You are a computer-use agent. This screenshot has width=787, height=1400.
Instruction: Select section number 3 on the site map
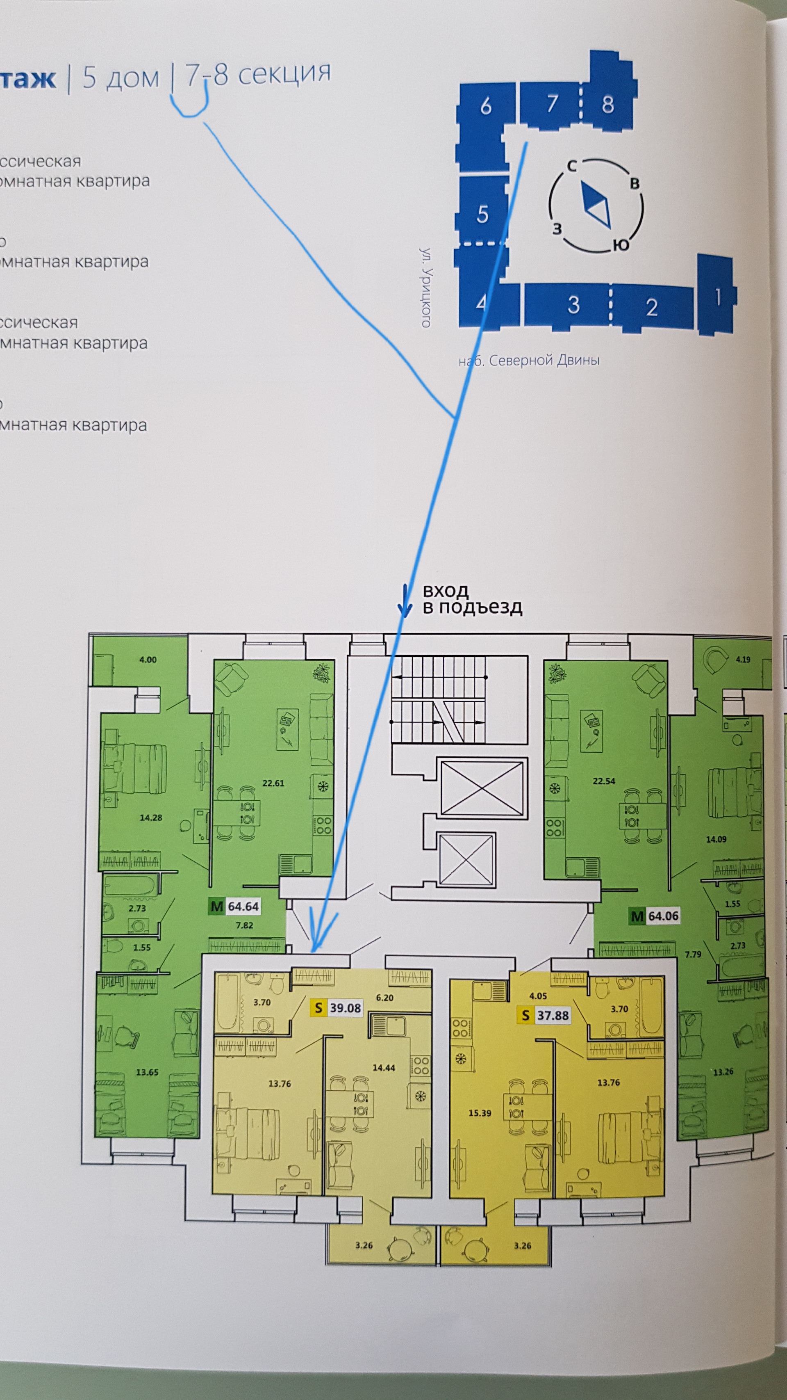tap(573, 305)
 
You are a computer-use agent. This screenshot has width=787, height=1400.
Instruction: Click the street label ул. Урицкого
tap(426, 288)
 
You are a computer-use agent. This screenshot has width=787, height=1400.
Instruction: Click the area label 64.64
tap(243, 906)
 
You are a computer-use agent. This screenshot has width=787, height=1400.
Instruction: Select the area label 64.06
tap(663, 916)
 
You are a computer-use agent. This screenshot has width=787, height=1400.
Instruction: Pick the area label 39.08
tap(345, 1007)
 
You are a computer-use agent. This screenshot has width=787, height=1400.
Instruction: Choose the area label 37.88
tap(553, 1015)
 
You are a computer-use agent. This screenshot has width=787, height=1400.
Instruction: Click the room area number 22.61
tap(273, 783)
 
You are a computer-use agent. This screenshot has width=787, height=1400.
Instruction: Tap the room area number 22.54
tap(603, 781)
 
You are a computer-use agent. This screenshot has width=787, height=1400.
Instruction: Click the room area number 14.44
tap(383, 1067)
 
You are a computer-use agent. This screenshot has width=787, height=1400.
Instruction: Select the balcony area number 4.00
tap(148, 660)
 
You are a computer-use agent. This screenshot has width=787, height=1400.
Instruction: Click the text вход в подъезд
tap(471, 599)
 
